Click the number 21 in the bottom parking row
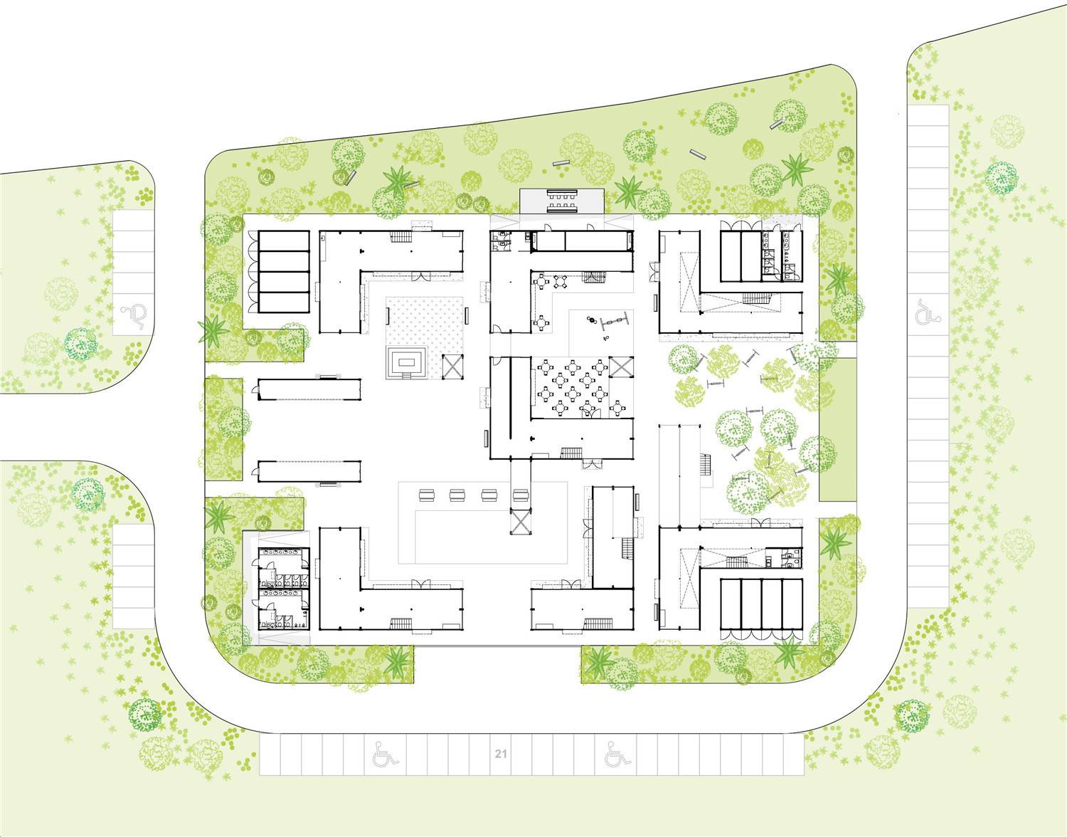click(500, 754)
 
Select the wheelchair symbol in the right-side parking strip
click(927, 312)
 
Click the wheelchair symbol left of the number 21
click(385, 754)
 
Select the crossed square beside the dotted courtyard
click(452, 367)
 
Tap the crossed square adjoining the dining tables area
click(621, 367)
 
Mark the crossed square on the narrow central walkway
click(521, 522)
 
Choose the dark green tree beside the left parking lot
click(80, 344)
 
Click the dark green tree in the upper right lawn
click(1002, 178)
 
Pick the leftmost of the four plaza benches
click(427, 495)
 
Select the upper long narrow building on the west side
click(310, 389)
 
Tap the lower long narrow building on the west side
click(310, 472)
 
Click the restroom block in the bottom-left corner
click(284, 588)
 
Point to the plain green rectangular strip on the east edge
click(838, 430)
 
